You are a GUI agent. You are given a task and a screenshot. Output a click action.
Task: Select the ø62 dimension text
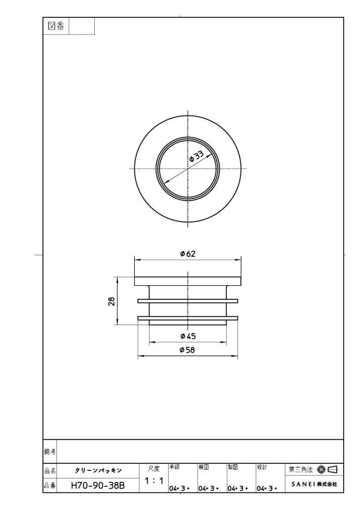[x=188, y=254]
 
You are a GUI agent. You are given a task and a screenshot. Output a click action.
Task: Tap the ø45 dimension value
[x=188, y=336]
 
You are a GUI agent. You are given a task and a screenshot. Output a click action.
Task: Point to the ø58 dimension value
[x=187, y=350]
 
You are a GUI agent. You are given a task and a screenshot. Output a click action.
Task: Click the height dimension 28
[x=112, y=301]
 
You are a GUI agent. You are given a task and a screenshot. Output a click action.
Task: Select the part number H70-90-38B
[x=98, y=486]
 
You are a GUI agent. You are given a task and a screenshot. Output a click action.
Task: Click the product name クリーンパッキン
[x=98, y=471]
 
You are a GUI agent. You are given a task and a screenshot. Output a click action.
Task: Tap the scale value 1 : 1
[x=154, y=480]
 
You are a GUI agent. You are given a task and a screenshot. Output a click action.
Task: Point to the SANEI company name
[x=314, y=484]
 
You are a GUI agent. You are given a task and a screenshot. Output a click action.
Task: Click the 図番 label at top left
[x=56, y=26]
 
